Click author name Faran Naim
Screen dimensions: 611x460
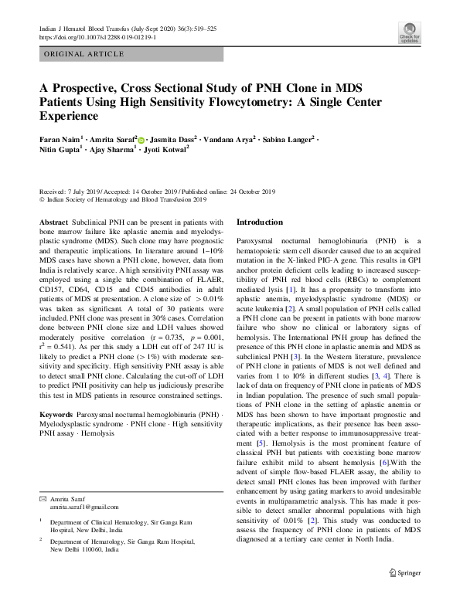[59, 139]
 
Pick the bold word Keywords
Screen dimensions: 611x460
[56, 415]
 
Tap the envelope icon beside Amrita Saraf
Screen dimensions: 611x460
[43, 499]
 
